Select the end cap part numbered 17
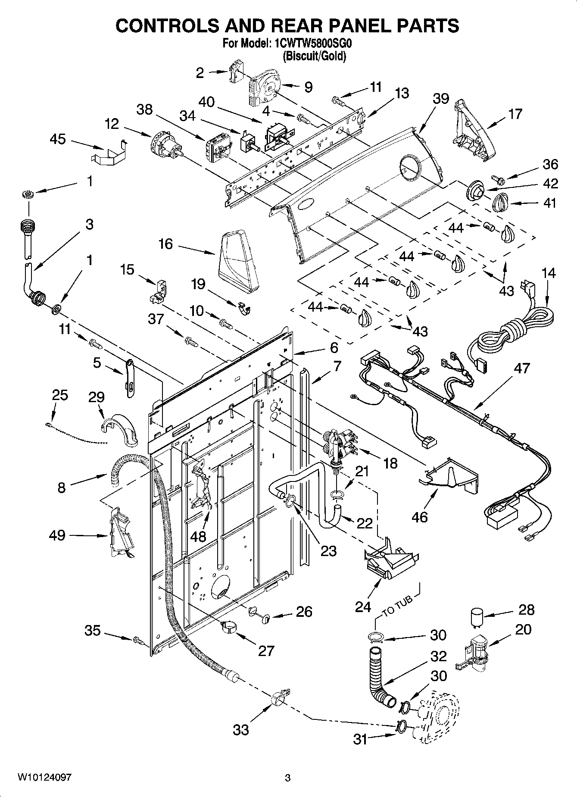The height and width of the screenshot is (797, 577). coord(471,129)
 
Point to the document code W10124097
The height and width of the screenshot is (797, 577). coord(44,778)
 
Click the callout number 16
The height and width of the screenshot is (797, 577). coord(165,244)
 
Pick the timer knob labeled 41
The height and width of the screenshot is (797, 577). coord(501,201)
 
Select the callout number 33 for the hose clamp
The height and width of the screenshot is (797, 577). coord(241,730)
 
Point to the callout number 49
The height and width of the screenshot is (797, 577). coord(57,535)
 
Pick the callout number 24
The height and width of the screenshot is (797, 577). coord(363,606)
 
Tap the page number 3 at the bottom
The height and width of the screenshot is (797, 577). coord(288,778)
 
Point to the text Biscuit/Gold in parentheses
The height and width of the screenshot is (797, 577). coord(314,56)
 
